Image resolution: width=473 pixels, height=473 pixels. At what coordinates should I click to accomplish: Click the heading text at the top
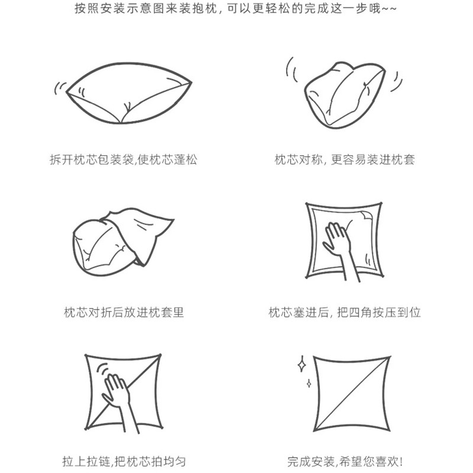(235, 8)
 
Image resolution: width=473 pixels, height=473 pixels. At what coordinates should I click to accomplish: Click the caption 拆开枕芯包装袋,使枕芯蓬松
(124, 159)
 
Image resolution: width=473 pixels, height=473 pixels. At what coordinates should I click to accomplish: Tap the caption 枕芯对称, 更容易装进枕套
(345, 159)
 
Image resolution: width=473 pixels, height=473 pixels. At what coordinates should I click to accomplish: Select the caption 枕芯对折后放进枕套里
(124, 312)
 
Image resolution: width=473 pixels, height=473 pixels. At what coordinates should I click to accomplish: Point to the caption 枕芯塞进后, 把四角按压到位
(345, 312)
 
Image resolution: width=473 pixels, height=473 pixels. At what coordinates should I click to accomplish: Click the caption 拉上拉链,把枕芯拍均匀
(124, 462)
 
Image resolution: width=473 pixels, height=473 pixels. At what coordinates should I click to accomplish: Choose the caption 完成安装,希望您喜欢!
(345, 462)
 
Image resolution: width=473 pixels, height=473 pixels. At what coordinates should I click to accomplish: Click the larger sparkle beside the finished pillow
(302, 365)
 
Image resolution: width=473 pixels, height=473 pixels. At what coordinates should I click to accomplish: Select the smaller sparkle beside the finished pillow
(309, 383)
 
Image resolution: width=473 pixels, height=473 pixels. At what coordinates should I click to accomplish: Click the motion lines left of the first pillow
(60, 88)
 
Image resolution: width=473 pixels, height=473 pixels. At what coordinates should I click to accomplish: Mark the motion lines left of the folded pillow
(291, 70)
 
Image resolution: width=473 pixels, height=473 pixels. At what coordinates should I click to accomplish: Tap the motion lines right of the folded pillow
(397, 82)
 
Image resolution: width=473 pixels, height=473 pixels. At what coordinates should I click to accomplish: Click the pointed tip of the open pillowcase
(173, 219)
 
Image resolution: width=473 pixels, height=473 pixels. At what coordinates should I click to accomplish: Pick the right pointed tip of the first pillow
(190, 82)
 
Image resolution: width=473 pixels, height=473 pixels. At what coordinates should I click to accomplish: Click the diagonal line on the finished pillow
(352, 394)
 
